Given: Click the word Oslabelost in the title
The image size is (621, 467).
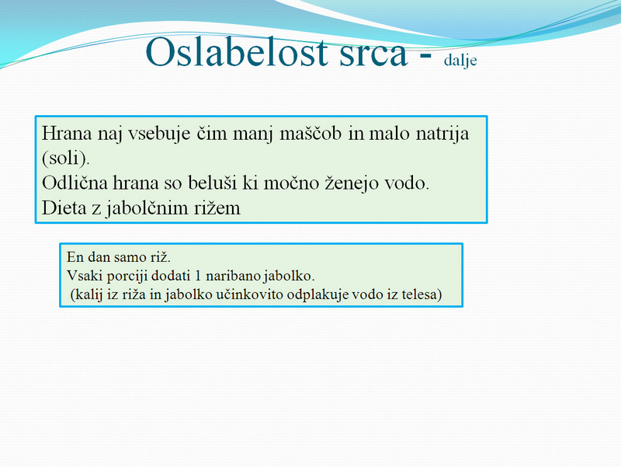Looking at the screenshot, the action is (237, 52).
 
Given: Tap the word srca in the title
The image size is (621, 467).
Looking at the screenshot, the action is (373, 54).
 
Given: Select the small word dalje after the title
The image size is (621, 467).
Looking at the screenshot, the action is (460, 61).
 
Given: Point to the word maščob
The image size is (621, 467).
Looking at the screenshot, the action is (310, 133).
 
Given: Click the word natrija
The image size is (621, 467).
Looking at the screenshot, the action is (442, 134).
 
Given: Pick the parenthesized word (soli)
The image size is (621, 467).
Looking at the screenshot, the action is (66, 159).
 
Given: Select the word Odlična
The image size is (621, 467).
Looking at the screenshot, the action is (75, 183).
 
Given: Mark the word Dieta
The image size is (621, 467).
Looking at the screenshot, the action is (64, 207).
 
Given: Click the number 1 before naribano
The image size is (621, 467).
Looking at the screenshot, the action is (198, 276).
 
